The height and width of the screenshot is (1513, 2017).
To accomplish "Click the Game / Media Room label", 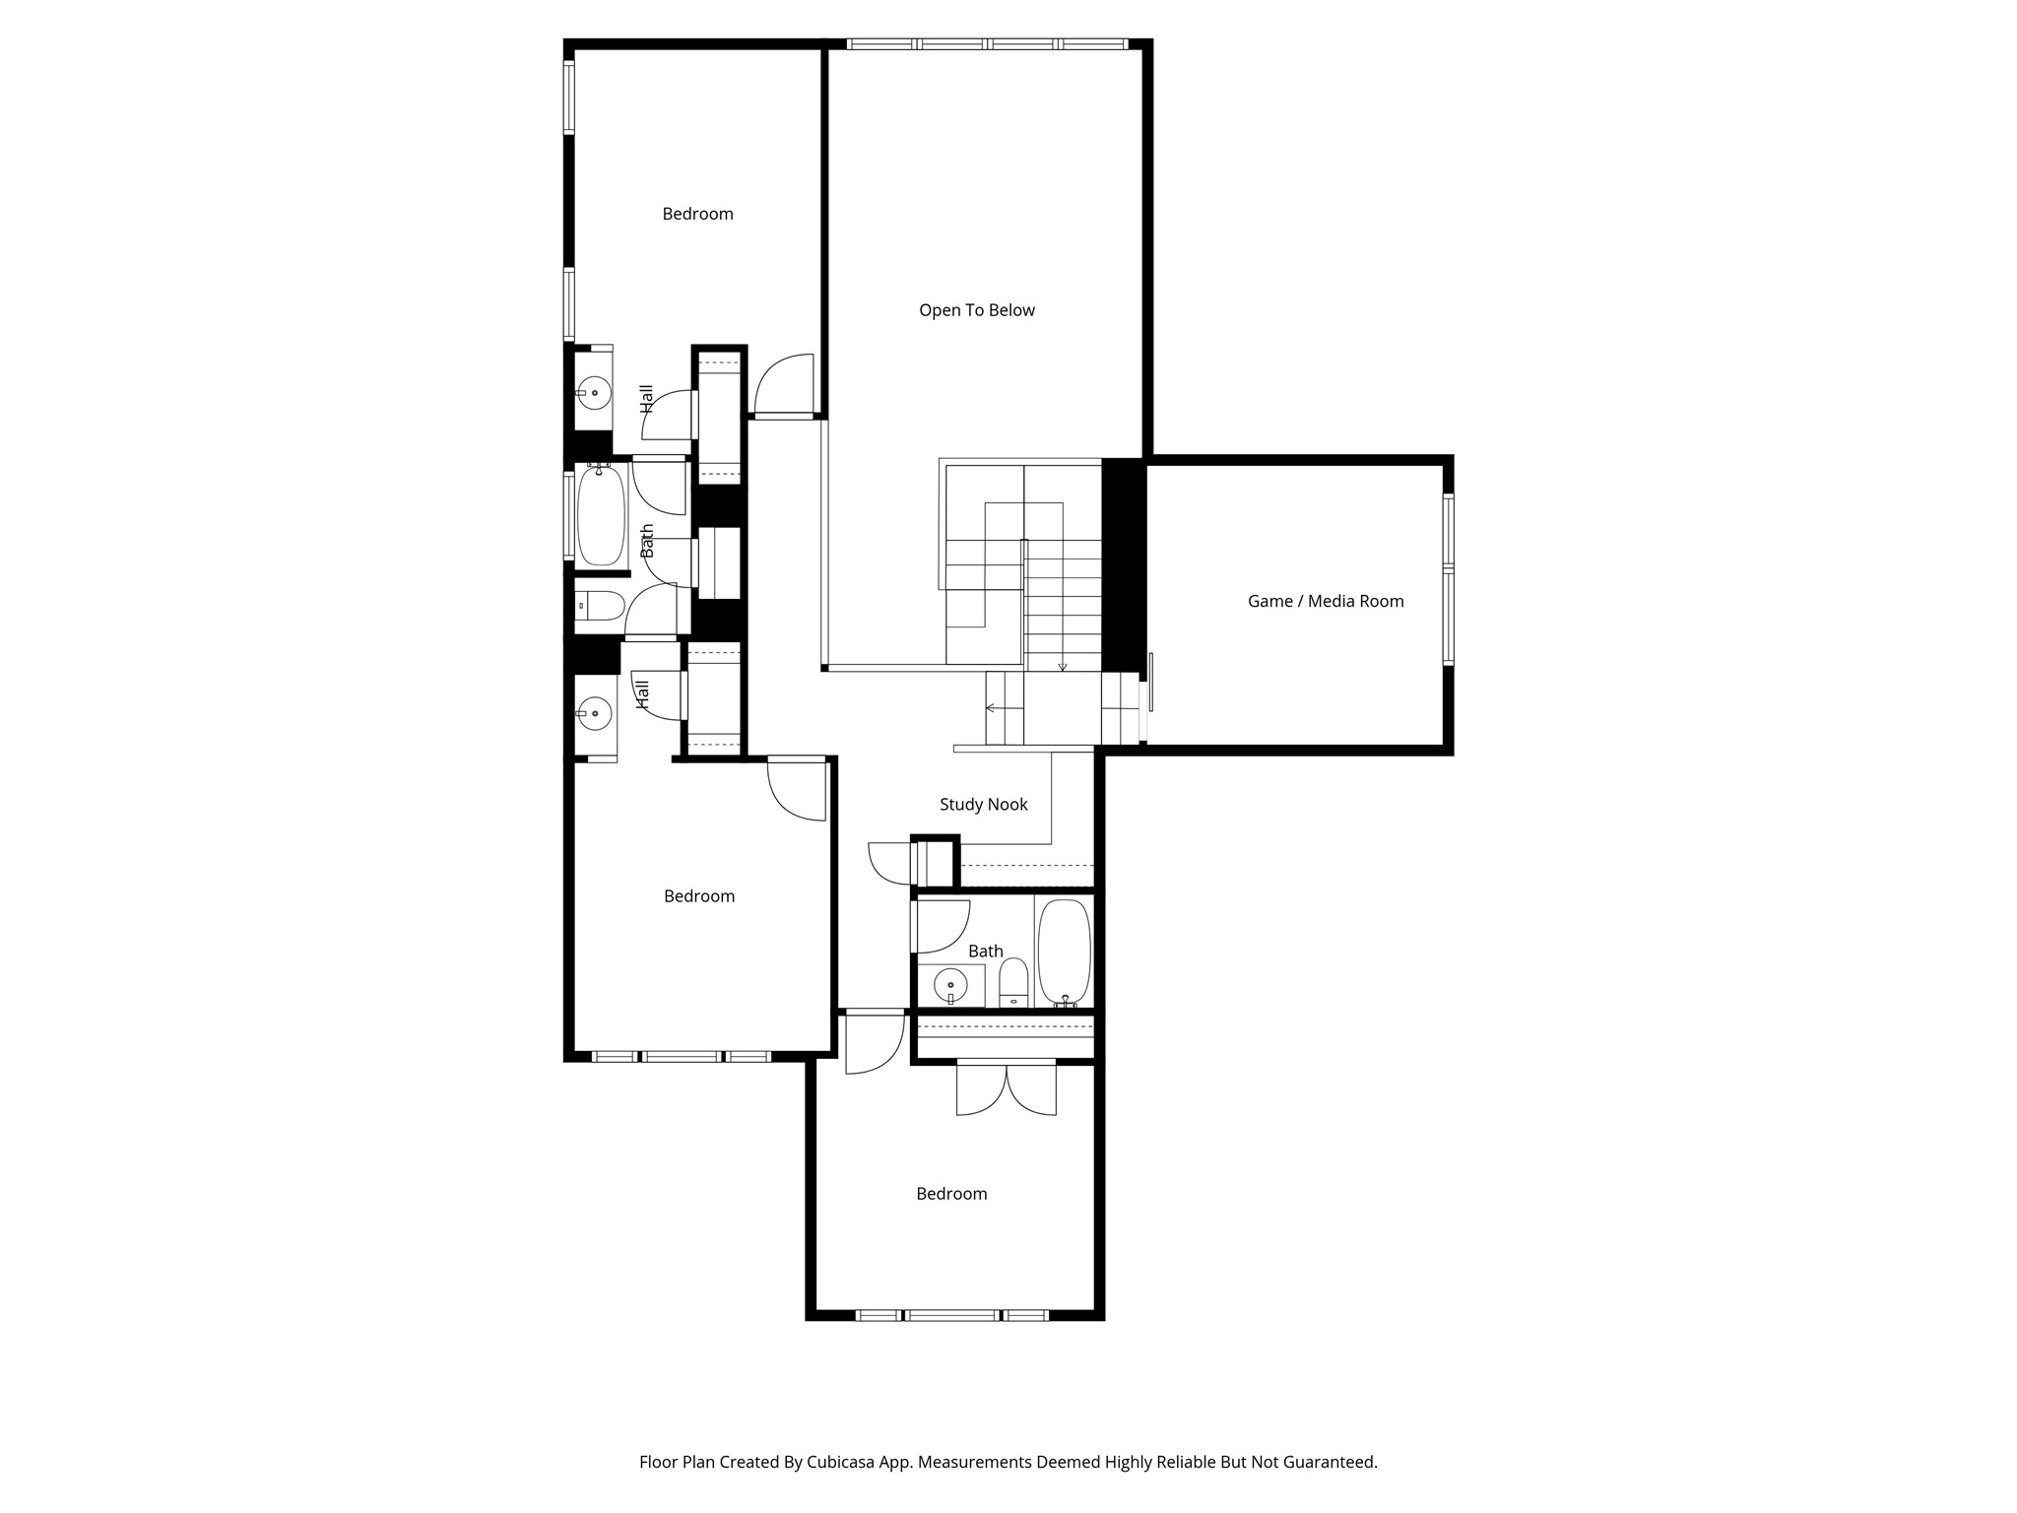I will (x=1325, y=601).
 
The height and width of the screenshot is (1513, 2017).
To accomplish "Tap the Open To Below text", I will (x=976, y=310).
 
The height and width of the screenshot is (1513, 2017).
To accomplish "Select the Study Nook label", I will (x=983, y=804).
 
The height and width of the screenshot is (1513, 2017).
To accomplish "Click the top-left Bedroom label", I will (x=697, y=214).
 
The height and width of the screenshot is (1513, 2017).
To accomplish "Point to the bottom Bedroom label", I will (x=950, y=1193).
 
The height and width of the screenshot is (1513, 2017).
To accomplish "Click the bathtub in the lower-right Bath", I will (x=1064, y=951).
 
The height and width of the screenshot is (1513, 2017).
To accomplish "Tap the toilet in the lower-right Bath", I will (x=1013, y=983).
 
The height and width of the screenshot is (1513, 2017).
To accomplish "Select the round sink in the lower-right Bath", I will (x=950, y=985).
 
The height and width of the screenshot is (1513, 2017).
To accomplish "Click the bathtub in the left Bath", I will (x=600, y=516).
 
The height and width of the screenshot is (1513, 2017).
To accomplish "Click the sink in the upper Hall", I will (x=594, y=393).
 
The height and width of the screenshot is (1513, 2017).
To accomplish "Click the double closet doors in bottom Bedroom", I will (x=1006, y=1089).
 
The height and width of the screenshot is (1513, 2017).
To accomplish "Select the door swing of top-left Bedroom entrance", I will (x=783, y=384).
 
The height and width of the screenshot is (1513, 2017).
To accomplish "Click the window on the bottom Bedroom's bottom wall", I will (x=951, y=1314).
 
